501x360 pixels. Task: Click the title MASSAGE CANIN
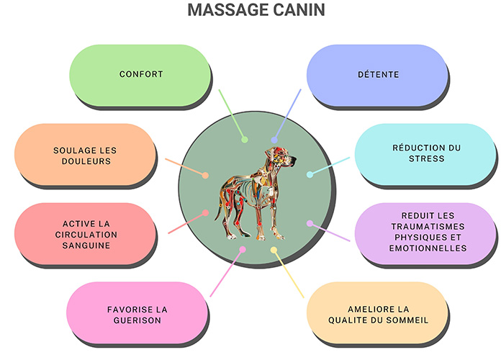250,11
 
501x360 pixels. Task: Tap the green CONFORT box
140,74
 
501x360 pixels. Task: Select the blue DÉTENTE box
377,74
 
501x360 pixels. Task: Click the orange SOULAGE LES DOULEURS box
85,156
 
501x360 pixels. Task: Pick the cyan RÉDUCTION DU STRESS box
426,153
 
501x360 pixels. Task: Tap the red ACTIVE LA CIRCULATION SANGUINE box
85,235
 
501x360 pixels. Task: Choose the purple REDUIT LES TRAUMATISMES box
426,232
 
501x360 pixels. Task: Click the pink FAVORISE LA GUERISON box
137,315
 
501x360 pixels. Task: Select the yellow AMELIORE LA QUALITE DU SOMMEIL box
378,315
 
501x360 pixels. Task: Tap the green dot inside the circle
245,139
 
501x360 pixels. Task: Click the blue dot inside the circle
274,140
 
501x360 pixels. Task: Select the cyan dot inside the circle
310,174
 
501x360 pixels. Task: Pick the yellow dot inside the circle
274,250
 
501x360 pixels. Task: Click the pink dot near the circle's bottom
243,250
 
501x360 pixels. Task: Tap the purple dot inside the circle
310,223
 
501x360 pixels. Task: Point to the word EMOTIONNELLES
426,248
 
